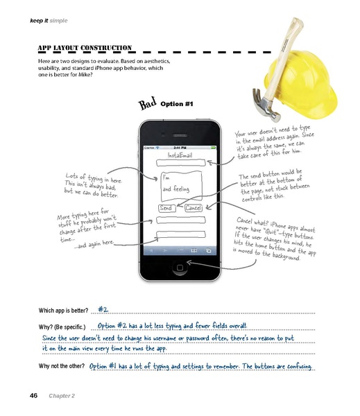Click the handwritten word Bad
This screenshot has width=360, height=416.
(146, 104)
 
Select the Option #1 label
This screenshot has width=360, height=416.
(176, 104)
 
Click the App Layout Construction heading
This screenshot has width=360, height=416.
(85, 48)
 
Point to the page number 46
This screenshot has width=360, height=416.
(33, 395)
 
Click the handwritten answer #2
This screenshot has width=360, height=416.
(103, 309)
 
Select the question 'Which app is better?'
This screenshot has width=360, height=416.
(62, 311)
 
